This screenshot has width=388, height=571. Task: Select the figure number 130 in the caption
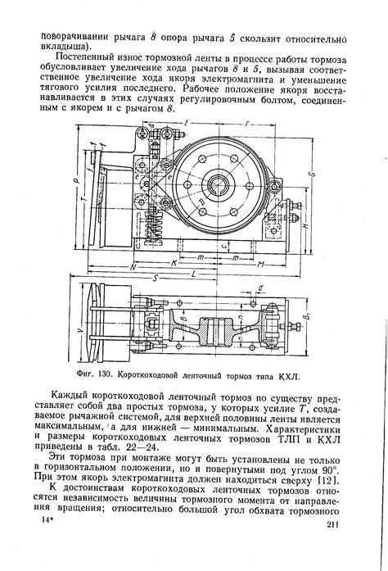click(x=111, y=376)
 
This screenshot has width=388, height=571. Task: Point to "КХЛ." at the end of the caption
click(x=289, y=376)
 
